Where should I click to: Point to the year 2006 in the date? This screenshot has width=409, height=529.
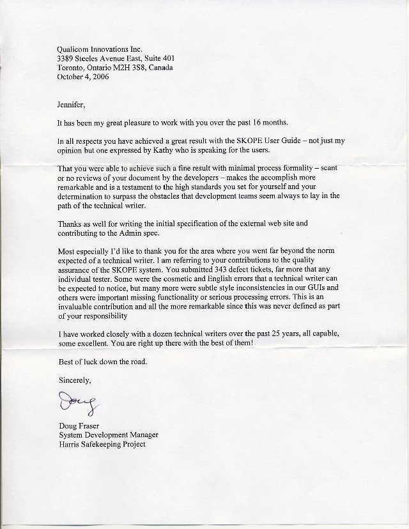coord(100,77)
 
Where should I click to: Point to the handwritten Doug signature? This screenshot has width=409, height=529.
coord(75,404)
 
